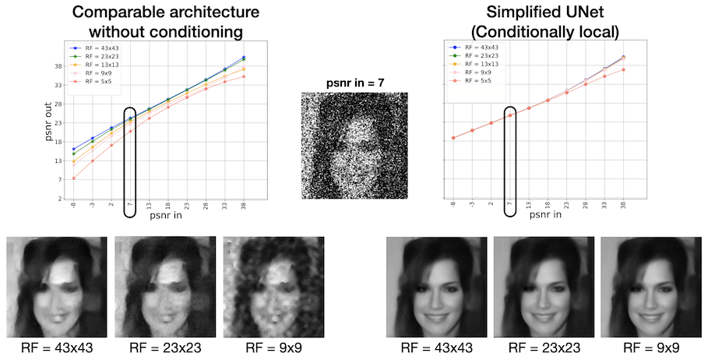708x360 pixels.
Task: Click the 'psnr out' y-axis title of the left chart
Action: (x=48, y=126)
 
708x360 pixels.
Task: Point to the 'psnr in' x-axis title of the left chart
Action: (x=168, y=219)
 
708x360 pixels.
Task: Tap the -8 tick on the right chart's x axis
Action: (x=453, y=208)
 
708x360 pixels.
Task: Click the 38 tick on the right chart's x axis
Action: (x=622, y=208)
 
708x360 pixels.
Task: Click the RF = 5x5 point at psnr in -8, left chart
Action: (x=74, y=178)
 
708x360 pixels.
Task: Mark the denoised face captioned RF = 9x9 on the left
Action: (x=273, y=284)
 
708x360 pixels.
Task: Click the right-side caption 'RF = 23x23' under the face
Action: (x=544, y=346)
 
